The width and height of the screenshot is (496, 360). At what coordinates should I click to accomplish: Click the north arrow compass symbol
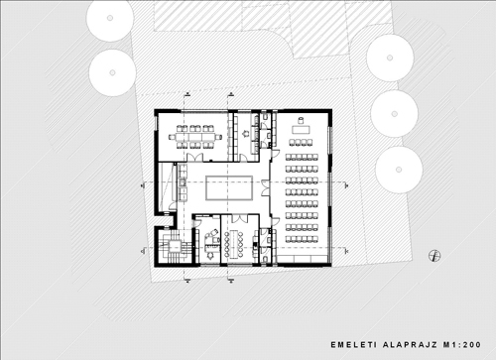pos(434,256)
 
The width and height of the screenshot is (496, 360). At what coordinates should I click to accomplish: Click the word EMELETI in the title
pos(353,345)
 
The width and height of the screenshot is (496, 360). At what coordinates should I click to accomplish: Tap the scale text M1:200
pos(462,345)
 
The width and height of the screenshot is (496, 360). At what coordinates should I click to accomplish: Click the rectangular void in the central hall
pos(229,187)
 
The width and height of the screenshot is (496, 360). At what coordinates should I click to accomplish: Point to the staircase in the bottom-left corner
pos(174,246)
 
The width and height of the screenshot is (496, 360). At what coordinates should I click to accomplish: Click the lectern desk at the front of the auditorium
pos(301,129)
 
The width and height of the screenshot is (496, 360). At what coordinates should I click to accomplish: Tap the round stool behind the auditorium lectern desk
pos(301,120)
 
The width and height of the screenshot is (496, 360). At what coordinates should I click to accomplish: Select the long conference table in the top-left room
pos(194,137)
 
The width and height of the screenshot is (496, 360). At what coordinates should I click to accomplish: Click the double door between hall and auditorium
pos(266,187)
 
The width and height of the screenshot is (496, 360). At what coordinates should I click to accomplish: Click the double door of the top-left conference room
pos(193,158)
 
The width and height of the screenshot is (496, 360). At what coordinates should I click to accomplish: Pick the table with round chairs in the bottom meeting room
pos(234,245)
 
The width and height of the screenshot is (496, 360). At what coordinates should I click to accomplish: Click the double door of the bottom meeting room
pos(239,218)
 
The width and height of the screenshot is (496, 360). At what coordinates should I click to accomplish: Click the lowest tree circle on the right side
pos(399,170)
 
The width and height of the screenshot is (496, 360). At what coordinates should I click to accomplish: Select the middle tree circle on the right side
pos(394,114)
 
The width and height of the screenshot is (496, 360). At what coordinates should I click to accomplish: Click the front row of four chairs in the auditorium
pos(301,143)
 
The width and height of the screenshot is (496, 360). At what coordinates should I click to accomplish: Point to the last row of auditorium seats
pos(302,239)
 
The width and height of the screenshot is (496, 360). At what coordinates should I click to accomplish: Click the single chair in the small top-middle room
pos(245,134)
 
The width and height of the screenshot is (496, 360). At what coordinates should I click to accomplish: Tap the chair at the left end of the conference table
pos(172,137)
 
